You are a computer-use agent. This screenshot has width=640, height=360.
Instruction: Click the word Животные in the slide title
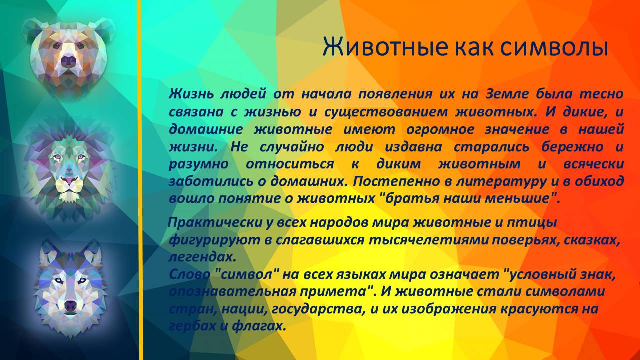click(x=385, y=47)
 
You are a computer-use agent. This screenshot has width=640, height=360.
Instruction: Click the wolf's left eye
click(x=84, y=280)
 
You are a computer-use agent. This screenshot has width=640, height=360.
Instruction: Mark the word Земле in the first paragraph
click(x=504, y=94)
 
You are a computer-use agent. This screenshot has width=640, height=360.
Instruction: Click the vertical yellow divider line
click(x=140, y=180)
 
